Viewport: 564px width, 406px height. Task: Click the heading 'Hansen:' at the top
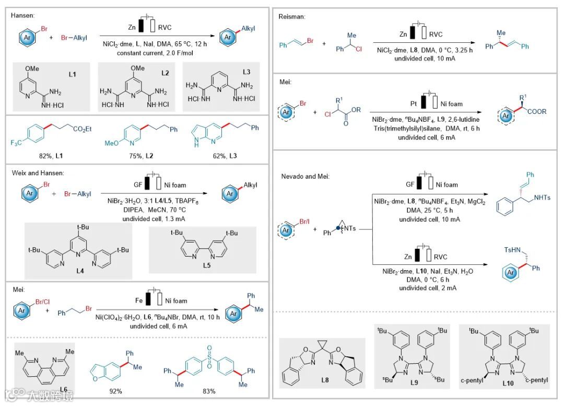click(21, 16)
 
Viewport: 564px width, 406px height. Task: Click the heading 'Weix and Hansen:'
click(36, 173)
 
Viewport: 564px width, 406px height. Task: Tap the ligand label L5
click(203, 266)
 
